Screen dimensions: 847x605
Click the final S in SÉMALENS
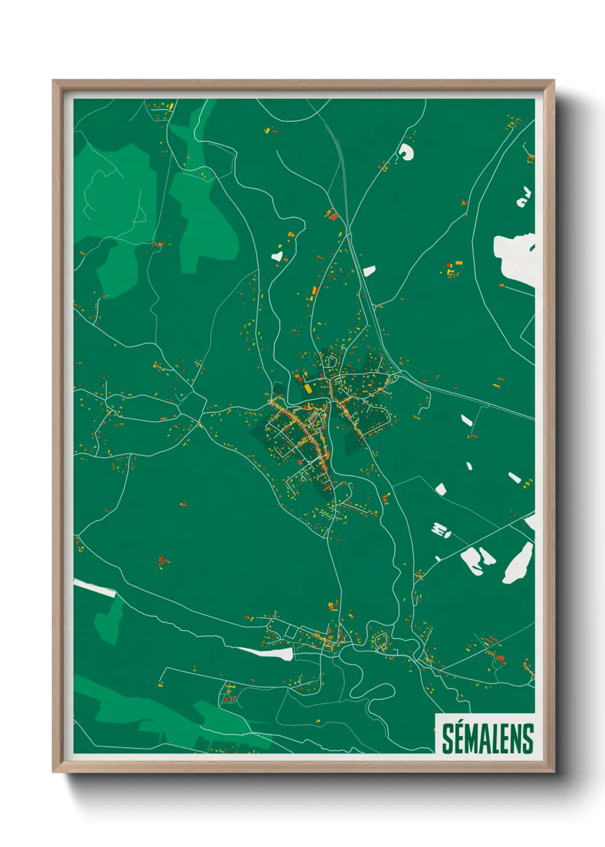[x=528, y=739]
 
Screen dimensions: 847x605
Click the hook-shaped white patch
[x=406, y=152]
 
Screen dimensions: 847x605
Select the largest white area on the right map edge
[x=515, y=258]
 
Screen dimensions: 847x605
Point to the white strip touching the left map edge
[x=94, y=588]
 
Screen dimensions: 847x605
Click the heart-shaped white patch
[x=277, y=256]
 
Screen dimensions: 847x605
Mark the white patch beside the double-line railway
[x=369, y=270]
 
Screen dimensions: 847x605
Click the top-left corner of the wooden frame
[x=53, y=81]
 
